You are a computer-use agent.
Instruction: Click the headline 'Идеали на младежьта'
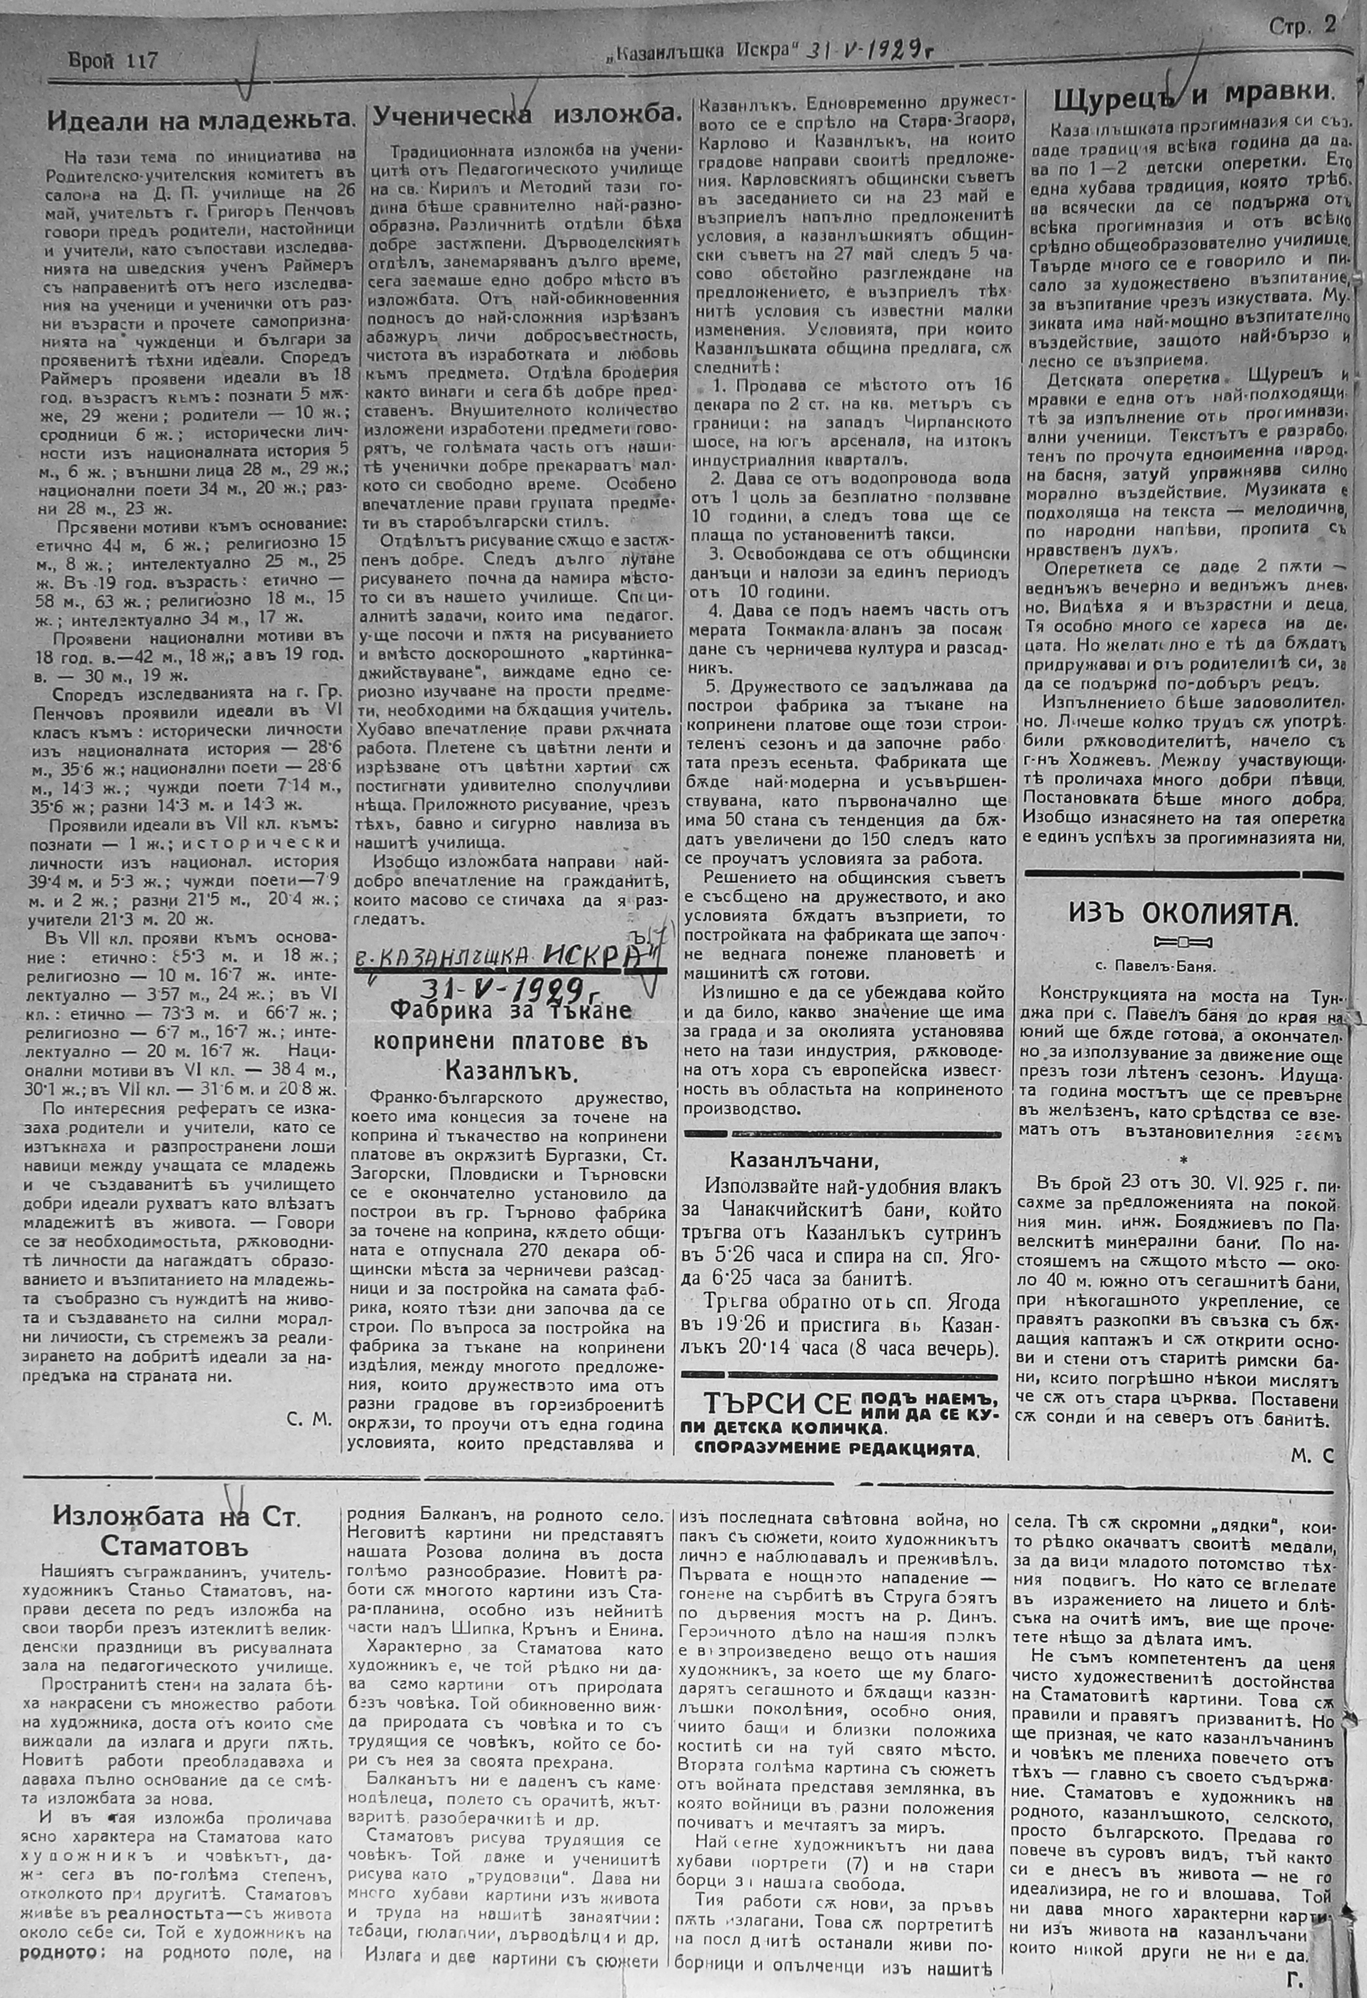[200, 120]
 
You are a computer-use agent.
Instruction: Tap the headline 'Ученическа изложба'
[524, 115]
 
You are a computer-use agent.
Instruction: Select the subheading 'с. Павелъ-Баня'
[1182, 965]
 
